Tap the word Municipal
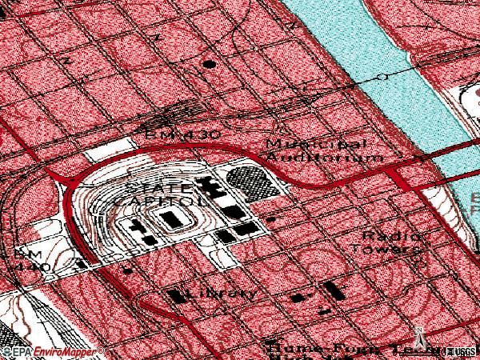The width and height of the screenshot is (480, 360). click(316, 145)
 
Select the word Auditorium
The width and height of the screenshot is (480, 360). click(324, 158)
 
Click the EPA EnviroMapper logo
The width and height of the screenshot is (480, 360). click(53, 352)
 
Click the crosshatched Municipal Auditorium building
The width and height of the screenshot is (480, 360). click(254, 182)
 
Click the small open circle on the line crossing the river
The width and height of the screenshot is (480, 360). click(383, 77)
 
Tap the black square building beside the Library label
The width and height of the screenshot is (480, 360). click(177, 295)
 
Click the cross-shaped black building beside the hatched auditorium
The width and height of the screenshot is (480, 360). click(214, 190)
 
